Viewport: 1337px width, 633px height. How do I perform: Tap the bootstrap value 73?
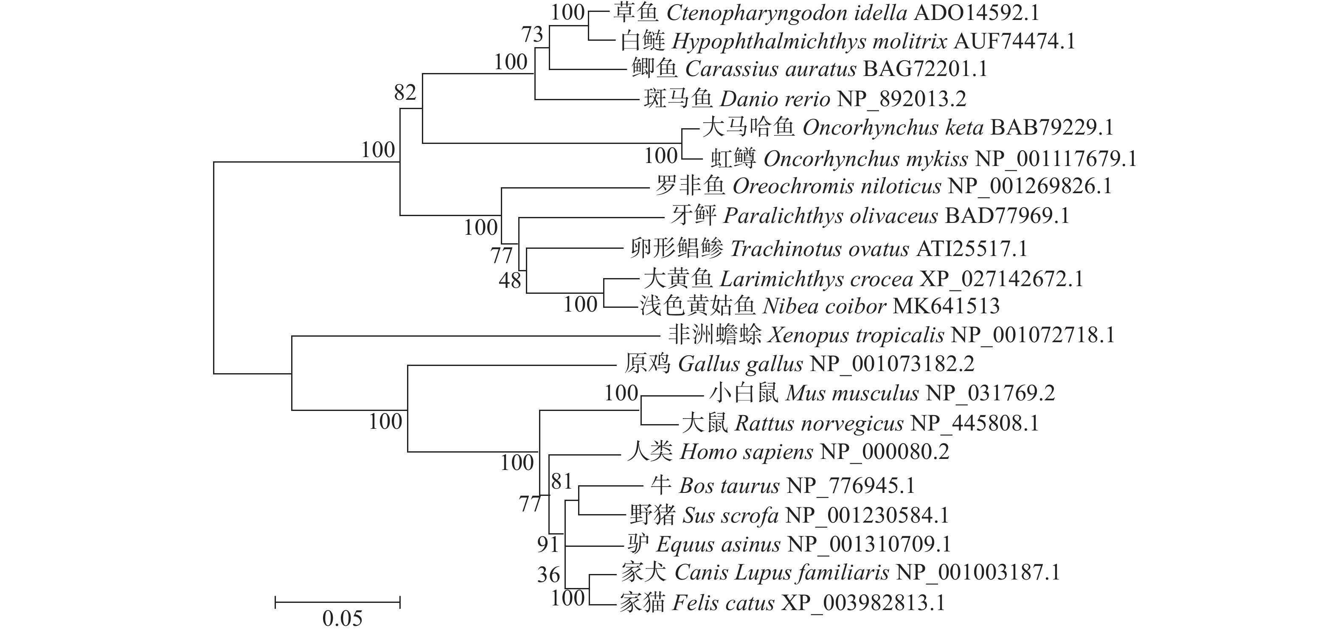[x=532, y=35]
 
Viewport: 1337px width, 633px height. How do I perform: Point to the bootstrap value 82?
[x=405, y=93]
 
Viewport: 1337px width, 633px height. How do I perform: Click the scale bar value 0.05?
[x=342, y=618]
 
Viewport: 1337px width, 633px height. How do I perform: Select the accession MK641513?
[x=946, y=306]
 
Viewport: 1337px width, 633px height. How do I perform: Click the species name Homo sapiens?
[x=746, y=452]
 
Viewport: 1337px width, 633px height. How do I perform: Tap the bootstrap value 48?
[x=510, y=281]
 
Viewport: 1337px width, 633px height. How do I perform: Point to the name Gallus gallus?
[x=740, y=364]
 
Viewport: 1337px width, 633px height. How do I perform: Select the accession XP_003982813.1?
[x=863, y=603]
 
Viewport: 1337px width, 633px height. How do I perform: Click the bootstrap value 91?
[x=548, y=544]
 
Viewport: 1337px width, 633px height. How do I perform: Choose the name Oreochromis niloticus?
[x=836, y=186]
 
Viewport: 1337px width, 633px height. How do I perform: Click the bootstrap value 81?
[x=562, y=482]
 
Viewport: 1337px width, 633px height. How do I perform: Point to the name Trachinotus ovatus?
[x=820, y=249]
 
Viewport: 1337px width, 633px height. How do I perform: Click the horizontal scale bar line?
[x=337, y=602]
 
